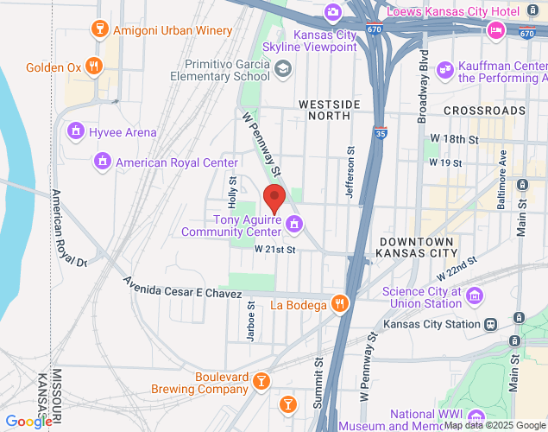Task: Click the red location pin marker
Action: tap(274, 199)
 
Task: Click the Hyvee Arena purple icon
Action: tap(76, 132)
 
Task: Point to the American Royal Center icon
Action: tap(103, 162)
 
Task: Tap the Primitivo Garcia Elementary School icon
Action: tap(282, 70)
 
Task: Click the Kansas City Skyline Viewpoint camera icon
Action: tap(332, 12)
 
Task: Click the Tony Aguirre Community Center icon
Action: tap(294, 225)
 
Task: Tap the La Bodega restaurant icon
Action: tap(340, 304)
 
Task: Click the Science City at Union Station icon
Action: tap(473, 297)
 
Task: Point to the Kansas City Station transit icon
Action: tap(490, 324)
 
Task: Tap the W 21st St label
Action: tap(275, 250)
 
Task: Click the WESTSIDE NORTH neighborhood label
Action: tap(329, 111)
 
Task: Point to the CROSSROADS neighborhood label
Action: tap(484, 111)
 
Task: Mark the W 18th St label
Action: tap(454, 138)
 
